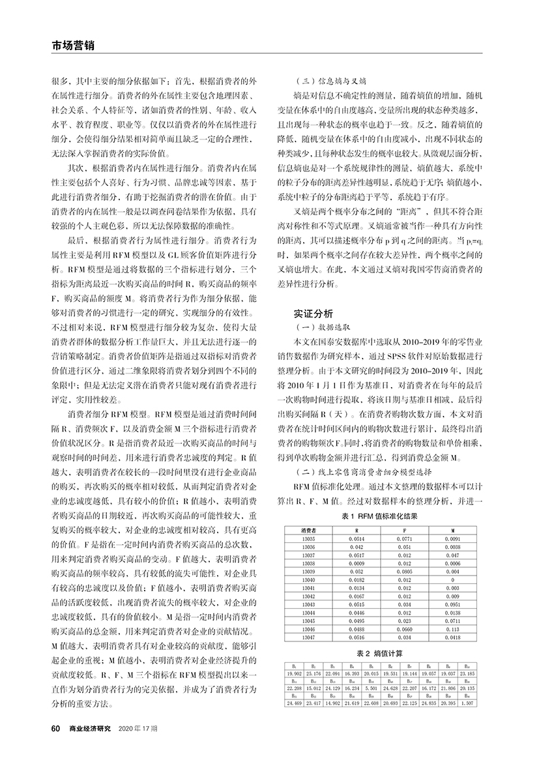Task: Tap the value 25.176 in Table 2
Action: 313,672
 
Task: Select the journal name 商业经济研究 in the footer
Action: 91,727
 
